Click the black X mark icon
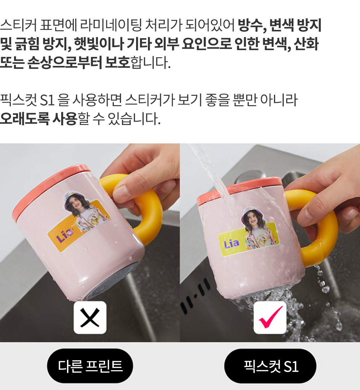(x=90, y=318)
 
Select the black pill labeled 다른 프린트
(x=90, y=366)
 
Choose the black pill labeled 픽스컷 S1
(x=270, y=366)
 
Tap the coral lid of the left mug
(x=47, y=189)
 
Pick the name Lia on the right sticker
(x=231, y=244)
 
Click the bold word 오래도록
(x=24, y=118)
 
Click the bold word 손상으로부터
(x=64, y=62)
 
